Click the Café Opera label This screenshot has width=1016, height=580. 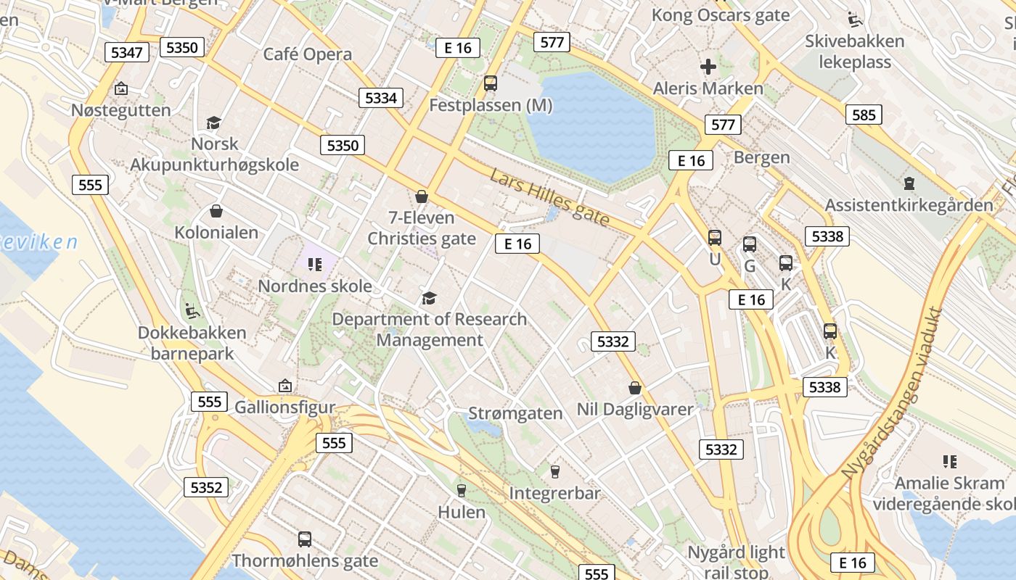[308, 54]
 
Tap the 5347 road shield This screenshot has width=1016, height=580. [127, 52]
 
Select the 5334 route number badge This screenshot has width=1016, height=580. [381, 98]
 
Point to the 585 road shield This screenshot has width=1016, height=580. [864, 115]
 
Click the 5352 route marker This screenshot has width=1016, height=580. [206, 487]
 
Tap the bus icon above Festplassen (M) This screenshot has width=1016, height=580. [491, 83]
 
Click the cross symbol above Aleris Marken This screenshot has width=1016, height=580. [708, 67]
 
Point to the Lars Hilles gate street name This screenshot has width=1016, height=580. [549, 198]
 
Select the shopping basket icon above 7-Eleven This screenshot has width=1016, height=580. [422, 196]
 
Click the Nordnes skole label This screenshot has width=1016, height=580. [315, 286]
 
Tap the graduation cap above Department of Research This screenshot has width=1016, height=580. [430, 298]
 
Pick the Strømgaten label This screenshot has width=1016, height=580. [515, 414]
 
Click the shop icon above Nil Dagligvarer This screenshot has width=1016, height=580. [635, 388]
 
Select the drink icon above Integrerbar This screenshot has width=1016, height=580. [555, 472]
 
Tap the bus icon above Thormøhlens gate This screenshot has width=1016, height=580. [305, 539]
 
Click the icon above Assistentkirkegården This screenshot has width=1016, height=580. [909, 183]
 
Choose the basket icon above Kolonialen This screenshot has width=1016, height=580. [216, 211]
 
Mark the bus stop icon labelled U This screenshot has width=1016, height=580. [715, 237]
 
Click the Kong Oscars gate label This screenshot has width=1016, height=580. [720, 14]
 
